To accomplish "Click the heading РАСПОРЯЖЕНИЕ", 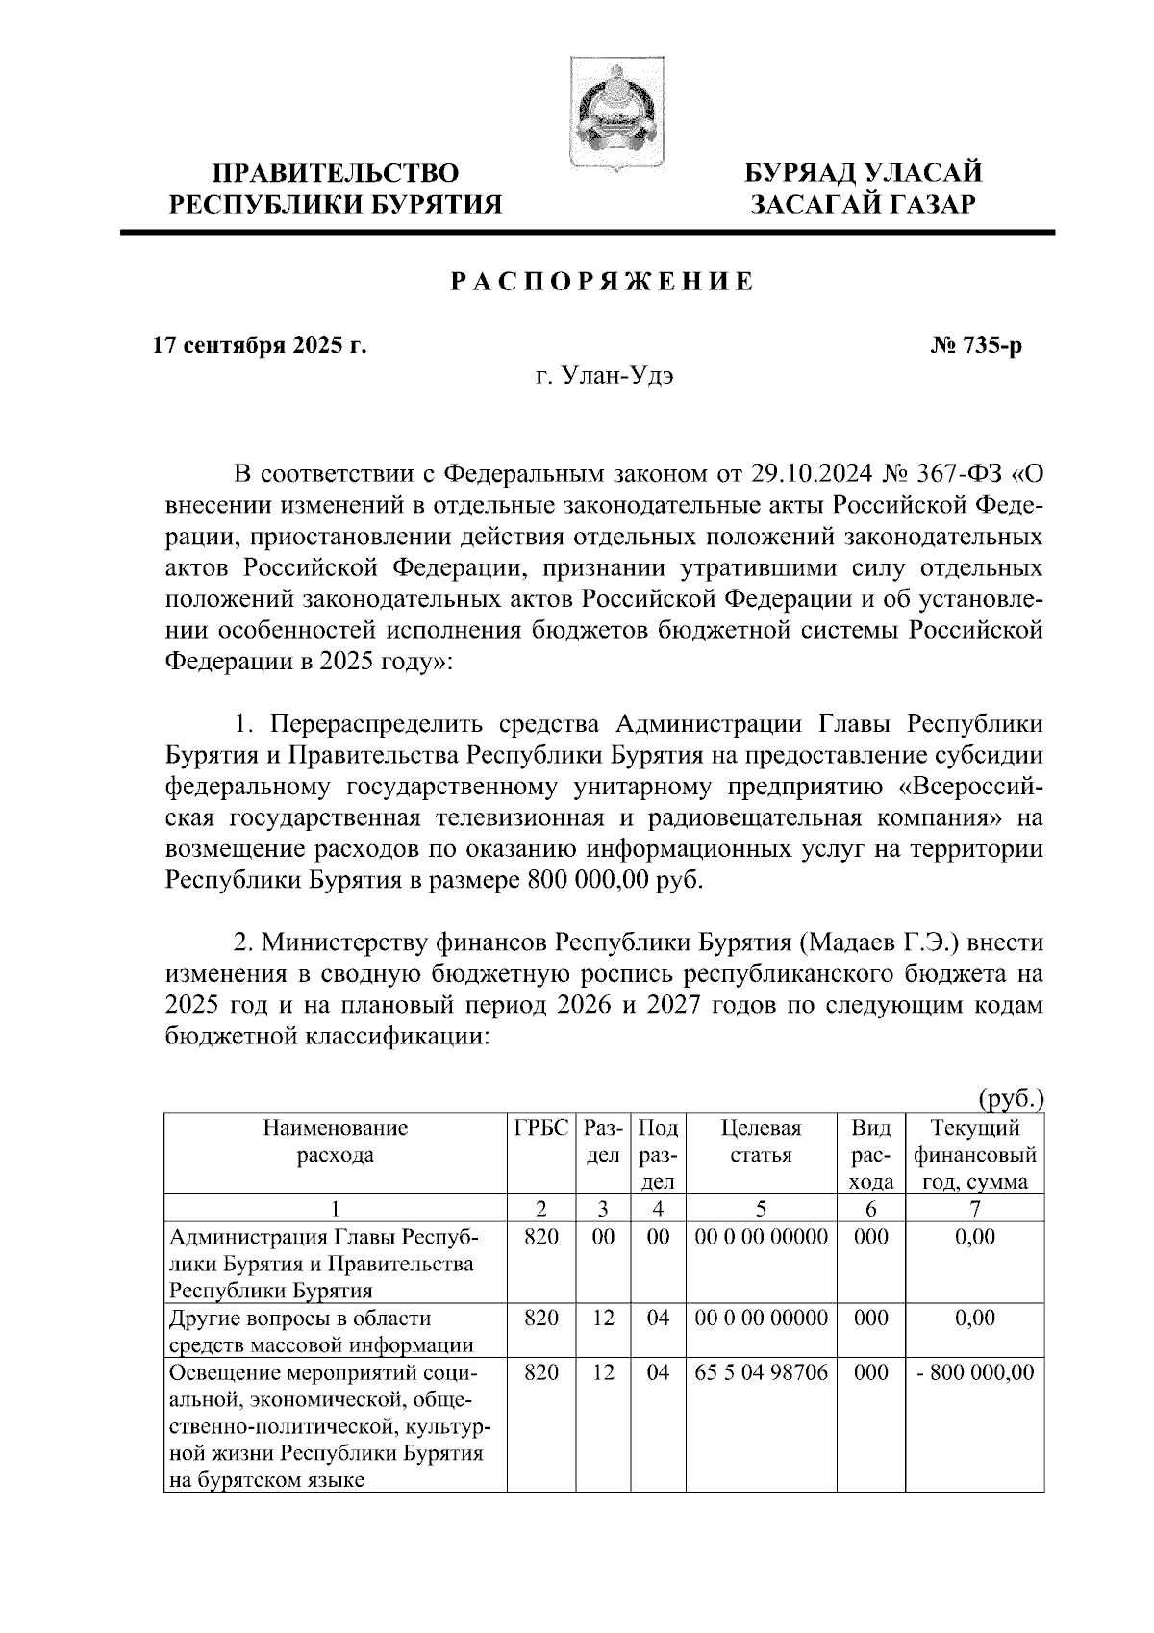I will pyautogui.click(x=603, y=283).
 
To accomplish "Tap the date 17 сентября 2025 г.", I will pyautogui.click(x=261, y=345).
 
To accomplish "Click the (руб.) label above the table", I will pyautogui.click(x=1011, y=1098).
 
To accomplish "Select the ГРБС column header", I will pyautogui.click(x=541, y=1128).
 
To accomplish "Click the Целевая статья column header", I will pyautogui.click(x=761, y=1142).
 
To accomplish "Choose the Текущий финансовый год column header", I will pyautogui.click(x=975, y=1154).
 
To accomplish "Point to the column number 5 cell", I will pyautogui.click(x=761, y=1208).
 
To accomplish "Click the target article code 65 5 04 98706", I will pyautogui.click(x=761, y=1372).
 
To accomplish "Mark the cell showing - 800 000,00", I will pyautogui.click(x=975, y=1372).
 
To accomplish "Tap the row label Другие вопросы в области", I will pyautogui.click(x=300, y=1318).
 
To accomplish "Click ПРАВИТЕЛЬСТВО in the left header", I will pyautogui.click(x=336, y=174).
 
